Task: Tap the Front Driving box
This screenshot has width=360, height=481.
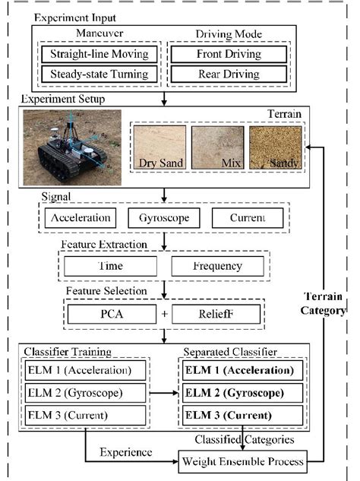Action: tap(228, 55)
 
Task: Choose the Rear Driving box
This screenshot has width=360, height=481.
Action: tap(228, 74)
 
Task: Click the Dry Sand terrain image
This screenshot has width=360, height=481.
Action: tap(159, 147)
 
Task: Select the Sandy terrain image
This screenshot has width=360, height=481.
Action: tap(275, 147)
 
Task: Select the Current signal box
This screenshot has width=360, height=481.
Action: tap(247, 218)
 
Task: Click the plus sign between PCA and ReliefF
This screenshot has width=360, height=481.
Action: tap(165, 313)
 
